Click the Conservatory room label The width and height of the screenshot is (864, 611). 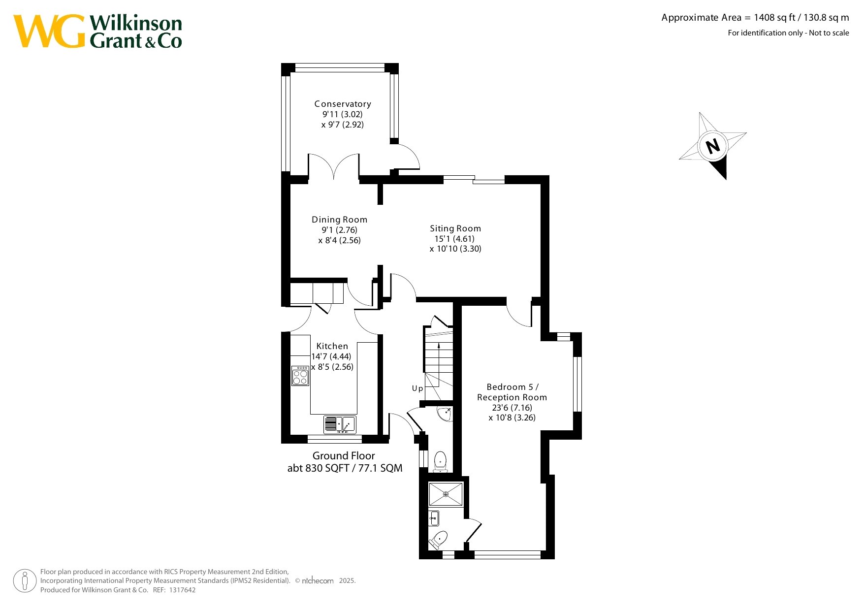[343, 104]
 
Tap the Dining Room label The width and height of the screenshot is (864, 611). [339, 220]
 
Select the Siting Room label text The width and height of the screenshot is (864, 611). [455, 228]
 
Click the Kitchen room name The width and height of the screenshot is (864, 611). [332, 346]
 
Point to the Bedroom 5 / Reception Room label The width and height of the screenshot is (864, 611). [512, 392]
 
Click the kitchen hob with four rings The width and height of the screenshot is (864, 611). [300, 376]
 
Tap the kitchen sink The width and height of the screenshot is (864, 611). [340, 424]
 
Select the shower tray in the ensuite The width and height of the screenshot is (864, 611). [446, 494]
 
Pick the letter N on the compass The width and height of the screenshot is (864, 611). [712, 146]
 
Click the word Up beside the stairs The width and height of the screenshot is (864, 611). [417, 388]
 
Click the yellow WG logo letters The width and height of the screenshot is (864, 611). [50, 31]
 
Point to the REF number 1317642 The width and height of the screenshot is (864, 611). [182, 590]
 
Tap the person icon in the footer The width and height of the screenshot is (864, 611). [25, 581]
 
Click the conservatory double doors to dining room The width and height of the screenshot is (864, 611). [334, 166]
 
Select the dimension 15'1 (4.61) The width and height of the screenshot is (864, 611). [454, 239]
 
